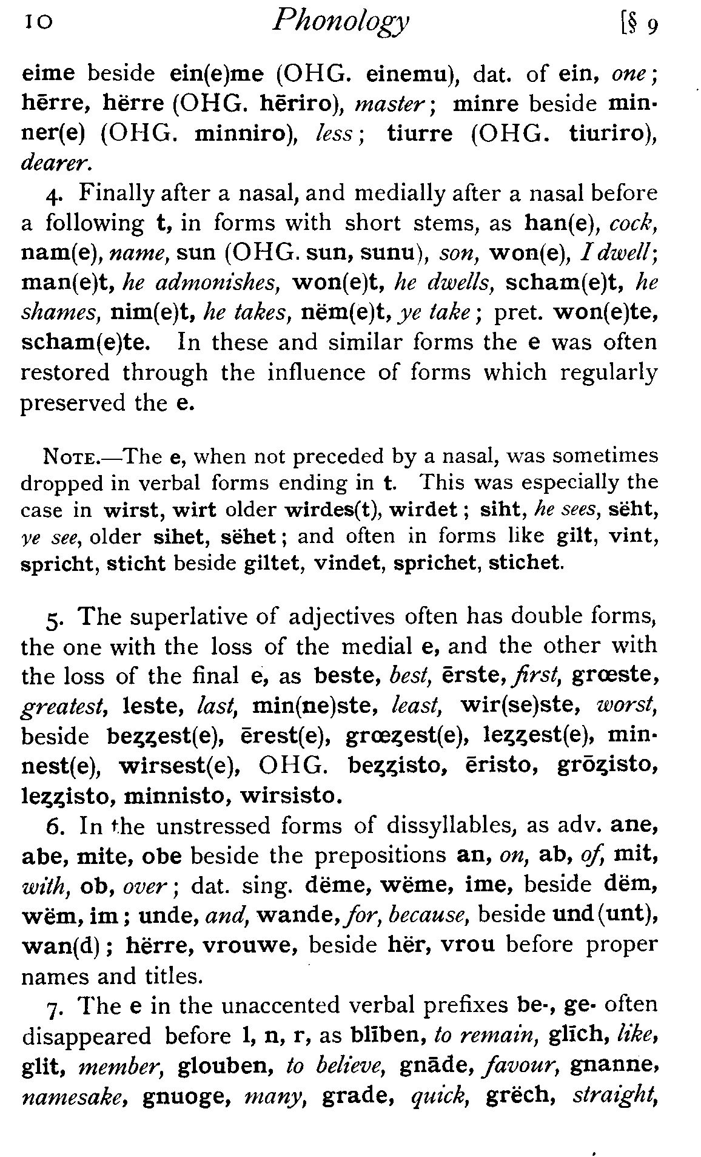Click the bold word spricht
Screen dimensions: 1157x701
click(59, 564)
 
